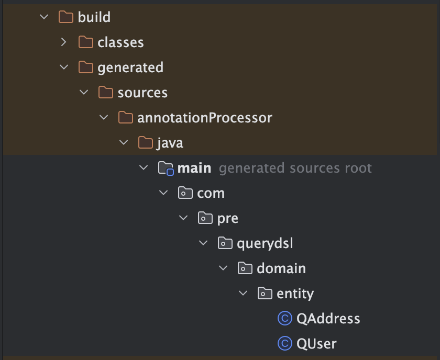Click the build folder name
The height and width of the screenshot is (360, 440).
point(94,17)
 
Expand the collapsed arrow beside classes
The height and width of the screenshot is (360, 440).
point(64,42)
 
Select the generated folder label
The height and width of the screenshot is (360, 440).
point(130,67)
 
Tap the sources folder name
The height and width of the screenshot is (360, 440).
point(142,93)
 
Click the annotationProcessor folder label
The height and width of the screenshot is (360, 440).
point(205,118)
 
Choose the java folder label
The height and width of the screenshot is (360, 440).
point(170,143)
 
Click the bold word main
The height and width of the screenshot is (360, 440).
point(194,168)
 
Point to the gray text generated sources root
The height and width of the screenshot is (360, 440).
point(295,168)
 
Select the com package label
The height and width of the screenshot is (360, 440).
point(211,193)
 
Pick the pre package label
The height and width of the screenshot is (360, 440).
point(228,218)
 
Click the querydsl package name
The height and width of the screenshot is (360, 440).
point(261,243)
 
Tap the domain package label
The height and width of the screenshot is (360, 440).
point(281,268)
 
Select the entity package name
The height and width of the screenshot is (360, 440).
point(295,294)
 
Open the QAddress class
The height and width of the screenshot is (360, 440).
point(328,319)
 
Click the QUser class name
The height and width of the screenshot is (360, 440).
point(316,344)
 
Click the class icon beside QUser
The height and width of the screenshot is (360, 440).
point(284,344)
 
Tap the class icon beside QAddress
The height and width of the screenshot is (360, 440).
point(284,319)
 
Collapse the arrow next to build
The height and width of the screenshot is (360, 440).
point(44,17)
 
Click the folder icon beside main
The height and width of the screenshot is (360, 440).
point(166,168)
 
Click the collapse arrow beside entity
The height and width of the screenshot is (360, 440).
point(243,294)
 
